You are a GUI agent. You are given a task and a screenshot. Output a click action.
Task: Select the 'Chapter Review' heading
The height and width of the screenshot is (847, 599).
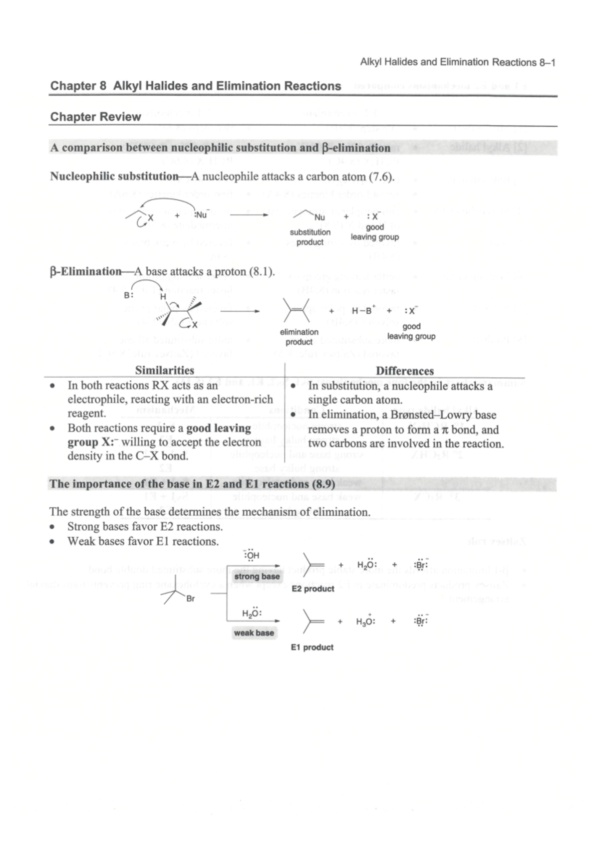[x=95, y=117]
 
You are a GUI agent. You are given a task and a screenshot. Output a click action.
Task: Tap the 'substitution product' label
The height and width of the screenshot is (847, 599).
[x=310, y=237]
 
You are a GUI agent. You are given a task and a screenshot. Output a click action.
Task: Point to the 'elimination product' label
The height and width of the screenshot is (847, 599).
[x=299, y=337]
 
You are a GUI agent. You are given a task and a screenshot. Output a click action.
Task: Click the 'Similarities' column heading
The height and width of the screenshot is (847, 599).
[x=164, y=370]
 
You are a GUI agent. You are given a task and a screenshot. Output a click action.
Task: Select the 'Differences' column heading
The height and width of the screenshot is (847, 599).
[x=404, y=371]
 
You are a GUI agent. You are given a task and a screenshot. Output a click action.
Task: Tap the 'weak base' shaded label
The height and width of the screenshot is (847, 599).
[x=254, y=633]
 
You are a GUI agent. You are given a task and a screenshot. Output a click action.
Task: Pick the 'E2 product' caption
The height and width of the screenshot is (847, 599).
[x=312, y=589]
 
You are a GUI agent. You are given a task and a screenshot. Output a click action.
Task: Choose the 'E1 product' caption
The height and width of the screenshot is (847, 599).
[x=312, y=647]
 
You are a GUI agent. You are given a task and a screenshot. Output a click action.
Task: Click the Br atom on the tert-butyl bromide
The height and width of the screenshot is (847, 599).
[x=190, y=599]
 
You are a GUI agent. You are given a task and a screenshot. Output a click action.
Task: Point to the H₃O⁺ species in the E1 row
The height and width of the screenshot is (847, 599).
[x=365, y=622]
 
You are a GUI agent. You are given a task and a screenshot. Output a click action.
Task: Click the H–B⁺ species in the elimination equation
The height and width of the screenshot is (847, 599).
[x=363, y=310]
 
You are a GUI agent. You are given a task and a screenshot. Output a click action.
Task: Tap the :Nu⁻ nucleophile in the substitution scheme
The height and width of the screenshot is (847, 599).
[x=201, y=215]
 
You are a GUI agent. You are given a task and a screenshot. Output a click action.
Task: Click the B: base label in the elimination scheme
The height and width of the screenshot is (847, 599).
[x=128, y=295]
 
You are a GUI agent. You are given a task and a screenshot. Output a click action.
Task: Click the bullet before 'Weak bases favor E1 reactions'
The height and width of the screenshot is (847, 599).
[x=52, y=542]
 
